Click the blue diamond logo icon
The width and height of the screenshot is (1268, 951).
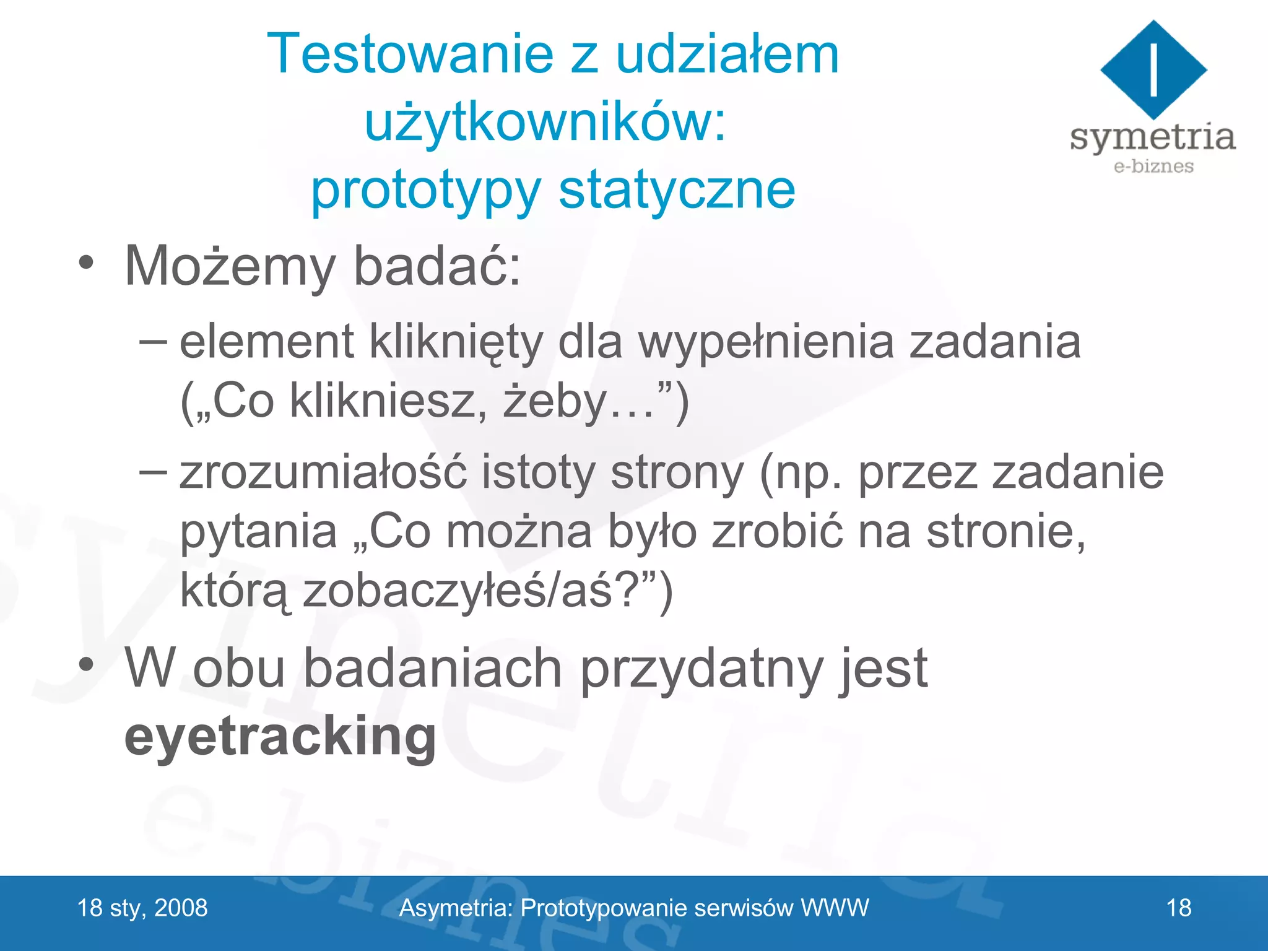pyautogui.click(x=1153, y=69)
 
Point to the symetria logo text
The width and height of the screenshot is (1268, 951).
pyautogui.click(x=1152, y=137)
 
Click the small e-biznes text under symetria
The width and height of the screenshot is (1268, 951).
pyautogui.click(x=1153, y=166)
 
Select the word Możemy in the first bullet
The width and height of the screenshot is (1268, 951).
pyautogui.click(x=230, y=267)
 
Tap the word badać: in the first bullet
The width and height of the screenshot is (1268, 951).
pyautogui.click(x=437, y=267)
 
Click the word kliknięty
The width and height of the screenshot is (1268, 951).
pyautogui.click(x=456, y=342)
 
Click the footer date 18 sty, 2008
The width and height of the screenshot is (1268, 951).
pyautogui.click(x=142, y=908)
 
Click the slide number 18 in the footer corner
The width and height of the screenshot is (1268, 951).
pyautogui.click(x=1178, y=908)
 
